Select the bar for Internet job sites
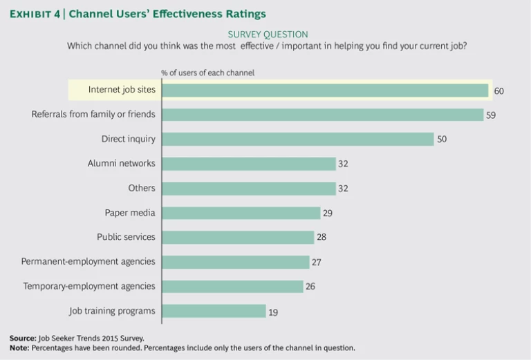pos(325,90)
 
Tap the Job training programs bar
pos(214,311)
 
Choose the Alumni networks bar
pos(248,164)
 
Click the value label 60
pos(499,91)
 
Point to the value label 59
pos(491,115)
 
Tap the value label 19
pos(273,312)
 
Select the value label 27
pos(316,263)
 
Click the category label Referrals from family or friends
pos(93,114)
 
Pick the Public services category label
pos(126,237)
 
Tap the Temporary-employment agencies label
pos(89,286)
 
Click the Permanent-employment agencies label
pos(88,262)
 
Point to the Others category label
pos(142,188)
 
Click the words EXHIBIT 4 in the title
pos(35,14)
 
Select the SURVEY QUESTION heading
pos(268,34)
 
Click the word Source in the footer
pos(22,338)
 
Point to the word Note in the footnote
pos(19,348)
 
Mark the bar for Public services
pos(238,237)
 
